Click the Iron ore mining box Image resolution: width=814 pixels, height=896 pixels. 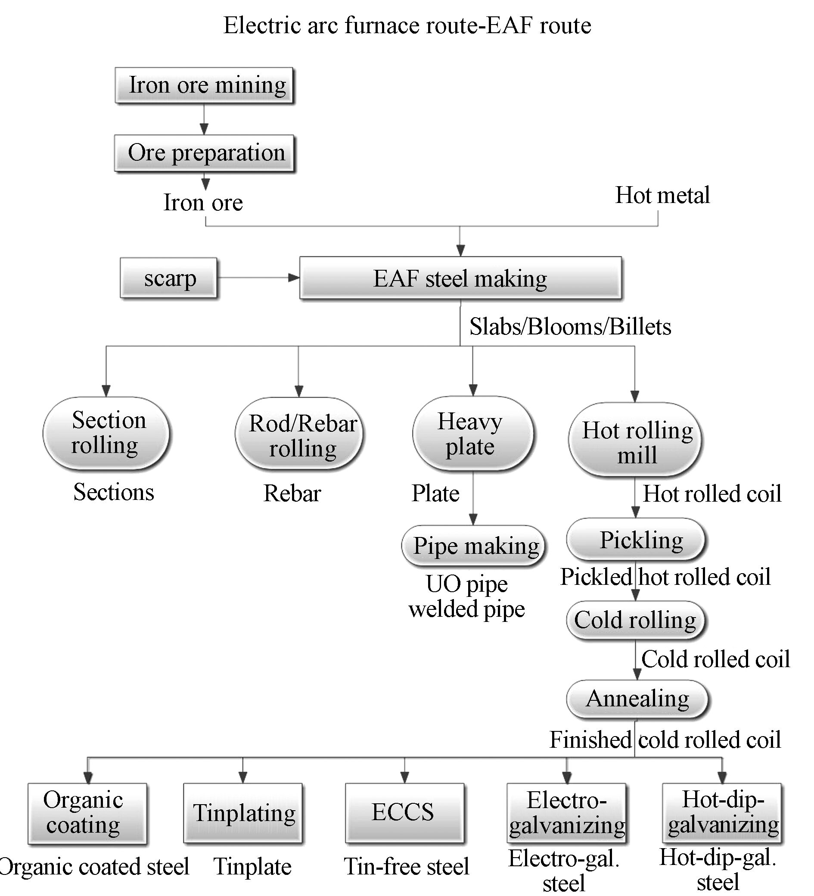[204, 85]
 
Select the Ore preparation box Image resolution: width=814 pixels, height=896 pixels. [205, 153]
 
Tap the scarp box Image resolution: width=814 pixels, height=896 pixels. [169, 278]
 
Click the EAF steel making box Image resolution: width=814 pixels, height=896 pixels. [460, 278]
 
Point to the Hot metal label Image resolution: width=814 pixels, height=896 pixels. [662, 195]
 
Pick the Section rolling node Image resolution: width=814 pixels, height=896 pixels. [106, 433]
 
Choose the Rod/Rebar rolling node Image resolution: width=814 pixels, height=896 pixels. [299, 434]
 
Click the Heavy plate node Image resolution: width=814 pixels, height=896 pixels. [472, 433]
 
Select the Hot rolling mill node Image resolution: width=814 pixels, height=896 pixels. [635, 440]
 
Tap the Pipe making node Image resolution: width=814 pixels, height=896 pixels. [473, 545]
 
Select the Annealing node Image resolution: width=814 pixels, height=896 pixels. [637, 699]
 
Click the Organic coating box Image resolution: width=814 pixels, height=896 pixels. [87, 813]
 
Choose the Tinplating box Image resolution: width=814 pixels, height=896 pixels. [243, 813]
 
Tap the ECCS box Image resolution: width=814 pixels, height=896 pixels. [405, 812]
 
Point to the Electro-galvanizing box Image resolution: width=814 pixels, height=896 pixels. [567, 813]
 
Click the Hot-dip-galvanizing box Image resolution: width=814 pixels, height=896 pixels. [722, 812]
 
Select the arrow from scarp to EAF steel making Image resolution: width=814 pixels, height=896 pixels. [258, 278]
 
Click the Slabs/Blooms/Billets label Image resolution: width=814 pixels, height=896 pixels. [570, 327]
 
